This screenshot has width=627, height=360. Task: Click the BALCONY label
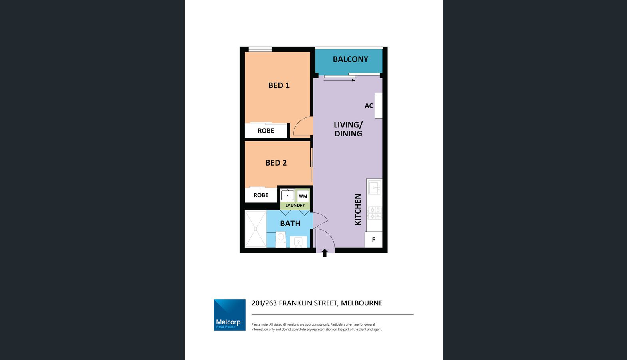(x=350, y=59)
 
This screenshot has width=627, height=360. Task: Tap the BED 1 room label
(x=279, y=85)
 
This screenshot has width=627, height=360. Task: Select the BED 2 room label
(x=276, y=163)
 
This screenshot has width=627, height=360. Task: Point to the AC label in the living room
(x=369, y=106)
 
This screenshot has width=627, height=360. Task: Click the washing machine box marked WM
(x=303, y=196)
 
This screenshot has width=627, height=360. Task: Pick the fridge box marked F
(x=373, y=240)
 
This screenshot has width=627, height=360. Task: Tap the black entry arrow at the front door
(x=325, y=253)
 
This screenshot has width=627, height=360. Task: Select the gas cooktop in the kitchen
(x=375, y=213)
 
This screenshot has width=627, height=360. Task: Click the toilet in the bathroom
(x=281, y=239)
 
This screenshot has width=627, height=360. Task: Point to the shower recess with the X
(x=256, y=229)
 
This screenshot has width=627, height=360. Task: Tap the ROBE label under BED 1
(x=266, y=131)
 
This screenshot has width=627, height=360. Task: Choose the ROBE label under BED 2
(x=261, y=195)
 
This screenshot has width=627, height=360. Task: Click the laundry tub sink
(x=288, y=195)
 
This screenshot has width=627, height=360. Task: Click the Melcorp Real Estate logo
(x=230, y=315)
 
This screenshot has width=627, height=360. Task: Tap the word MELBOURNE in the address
(x=362, y=303)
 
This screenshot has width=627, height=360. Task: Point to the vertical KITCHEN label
(x=358, y=209)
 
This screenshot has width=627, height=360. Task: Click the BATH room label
(x=290, y=224)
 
